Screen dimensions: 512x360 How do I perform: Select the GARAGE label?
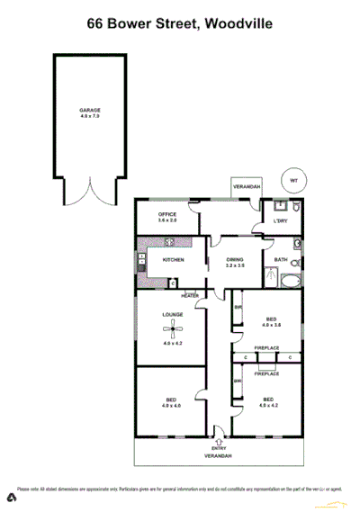(89, 110)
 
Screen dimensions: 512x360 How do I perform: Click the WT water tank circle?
(292, 179)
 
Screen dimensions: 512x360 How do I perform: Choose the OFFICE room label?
(167, 213)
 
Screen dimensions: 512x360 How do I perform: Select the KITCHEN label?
(173, 260)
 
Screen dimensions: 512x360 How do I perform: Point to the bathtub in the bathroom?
(291, 281)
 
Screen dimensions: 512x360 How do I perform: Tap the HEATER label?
(189, 296)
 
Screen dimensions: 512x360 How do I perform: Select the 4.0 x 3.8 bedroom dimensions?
(271, 325)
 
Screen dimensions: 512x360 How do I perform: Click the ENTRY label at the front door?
(218, 447)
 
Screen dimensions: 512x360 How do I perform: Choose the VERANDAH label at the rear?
(247, 186)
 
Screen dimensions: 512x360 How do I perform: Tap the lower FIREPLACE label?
(266, 373)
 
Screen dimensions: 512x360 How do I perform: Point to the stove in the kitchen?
(141, 263)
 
